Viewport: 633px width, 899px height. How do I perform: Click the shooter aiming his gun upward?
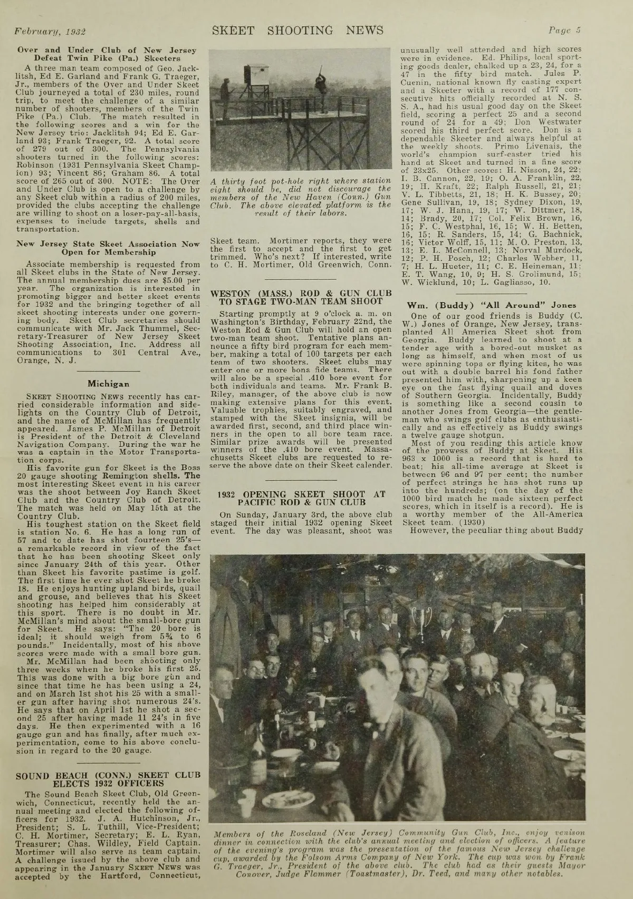[x=319, y=84]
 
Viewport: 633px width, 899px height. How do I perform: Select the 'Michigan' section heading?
[x=109, y=383]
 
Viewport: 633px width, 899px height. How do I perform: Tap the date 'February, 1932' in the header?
[x=51, y=31]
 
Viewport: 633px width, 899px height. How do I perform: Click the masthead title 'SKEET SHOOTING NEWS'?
[x=298, y=30]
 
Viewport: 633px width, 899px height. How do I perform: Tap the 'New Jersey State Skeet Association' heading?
[x=109, y=248]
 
